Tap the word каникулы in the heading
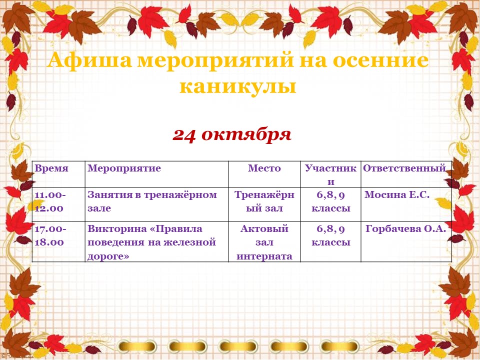[238, 86]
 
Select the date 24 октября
[231, 134]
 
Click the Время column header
[51, 168]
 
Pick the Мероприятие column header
[124, 168]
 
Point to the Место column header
[264, 168]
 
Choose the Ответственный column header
[404, 168]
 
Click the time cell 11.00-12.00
[50, 201]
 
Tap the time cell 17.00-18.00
[50, 235]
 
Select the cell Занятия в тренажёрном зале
[152, 201]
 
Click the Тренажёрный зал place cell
[264, 201]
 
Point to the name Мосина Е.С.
[397, 194]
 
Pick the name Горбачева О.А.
[405, 228]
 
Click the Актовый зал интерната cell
[264, 242]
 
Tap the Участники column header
[330, 175]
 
